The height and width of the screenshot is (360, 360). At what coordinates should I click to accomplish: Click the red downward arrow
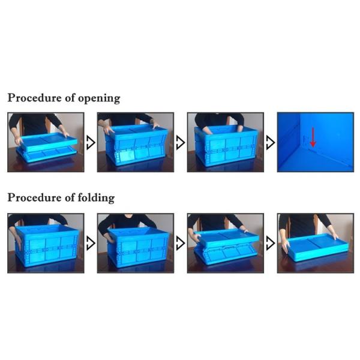pos(313,136)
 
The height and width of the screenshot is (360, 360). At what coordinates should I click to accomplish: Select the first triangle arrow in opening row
pos(90,143)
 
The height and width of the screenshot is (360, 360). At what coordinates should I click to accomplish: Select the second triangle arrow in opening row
pos(180,143)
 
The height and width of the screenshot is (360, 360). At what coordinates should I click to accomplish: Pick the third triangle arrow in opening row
pos(270,143)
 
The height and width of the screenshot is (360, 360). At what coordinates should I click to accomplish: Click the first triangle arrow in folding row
pos(90,243)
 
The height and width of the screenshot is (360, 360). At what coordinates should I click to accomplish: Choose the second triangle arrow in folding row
pos(180,243)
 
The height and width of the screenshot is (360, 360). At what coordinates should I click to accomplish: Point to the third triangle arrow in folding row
pos(270,243)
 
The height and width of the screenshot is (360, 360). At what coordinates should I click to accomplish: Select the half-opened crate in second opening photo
pos(136,147)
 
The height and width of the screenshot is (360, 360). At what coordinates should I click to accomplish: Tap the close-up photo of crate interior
pos(315,142)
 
